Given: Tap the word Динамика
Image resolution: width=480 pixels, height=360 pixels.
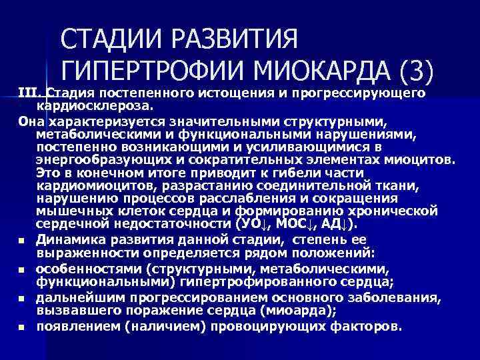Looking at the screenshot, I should point(70,239).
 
